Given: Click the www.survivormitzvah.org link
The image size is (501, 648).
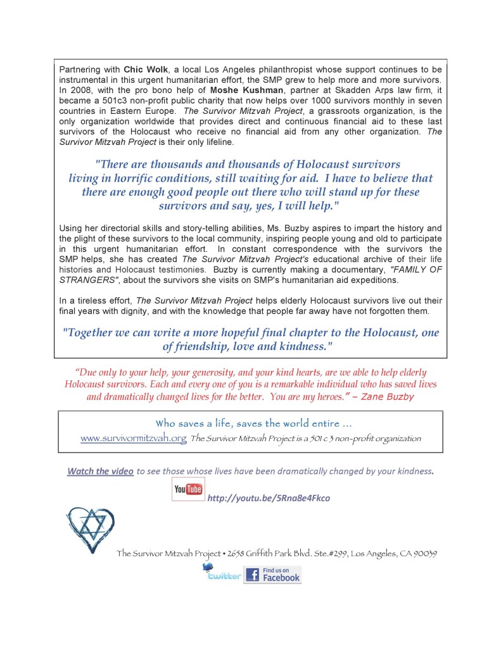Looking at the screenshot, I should click(x=133, y=438).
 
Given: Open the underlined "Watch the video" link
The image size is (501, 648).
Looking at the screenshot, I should click(x=100, y=471).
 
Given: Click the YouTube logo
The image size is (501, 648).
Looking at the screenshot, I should click(x=187, y=489).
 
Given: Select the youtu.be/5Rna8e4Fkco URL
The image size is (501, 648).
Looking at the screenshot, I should click(x=269, y=498).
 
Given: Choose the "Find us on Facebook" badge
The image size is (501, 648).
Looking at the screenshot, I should click(x=272, y=575).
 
